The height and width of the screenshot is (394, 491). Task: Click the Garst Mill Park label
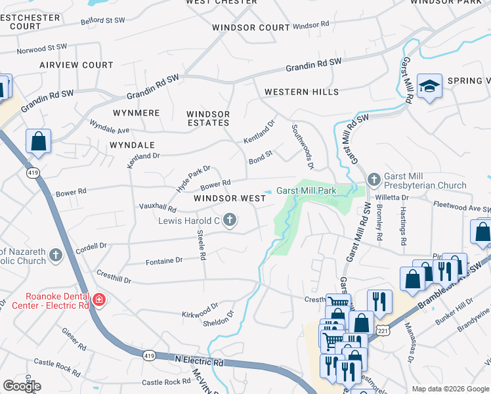(x=306, y=191)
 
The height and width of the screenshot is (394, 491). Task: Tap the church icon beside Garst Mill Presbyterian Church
(x=374, y=179)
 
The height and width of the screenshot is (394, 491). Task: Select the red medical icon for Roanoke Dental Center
(x=99, y=300)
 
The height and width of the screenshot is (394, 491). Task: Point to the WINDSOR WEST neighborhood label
(x=230, y=198)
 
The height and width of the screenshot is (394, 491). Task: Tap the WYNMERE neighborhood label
(x=137, y=113)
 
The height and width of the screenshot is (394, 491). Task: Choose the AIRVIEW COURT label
(x=76, y=65)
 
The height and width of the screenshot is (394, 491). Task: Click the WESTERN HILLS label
(x=301, y=92)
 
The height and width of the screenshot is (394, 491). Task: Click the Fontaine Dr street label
(x=163, y=261)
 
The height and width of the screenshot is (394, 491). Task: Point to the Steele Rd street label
(x=202, y=244)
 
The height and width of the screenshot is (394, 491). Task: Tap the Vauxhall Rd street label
(x=158, y=207)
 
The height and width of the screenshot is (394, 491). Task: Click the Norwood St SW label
(x=43, y=48)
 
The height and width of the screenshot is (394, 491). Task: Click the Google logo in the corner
(x=21, y=385)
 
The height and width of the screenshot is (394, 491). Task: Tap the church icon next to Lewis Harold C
(x=230, y=220)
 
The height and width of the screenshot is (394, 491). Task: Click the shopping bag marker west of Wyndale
(x=39, y=142)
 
